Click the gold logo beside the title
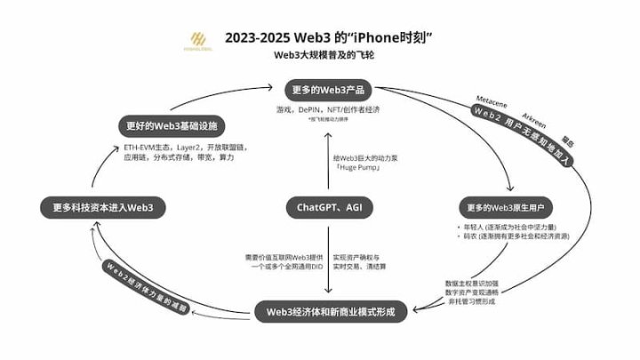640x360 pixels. click(x=196, y=40)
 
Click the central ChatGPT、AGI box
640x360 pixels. click(x=328, y=208)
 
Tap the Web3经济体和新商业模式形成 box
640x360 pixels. click(x=330, y=312)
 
